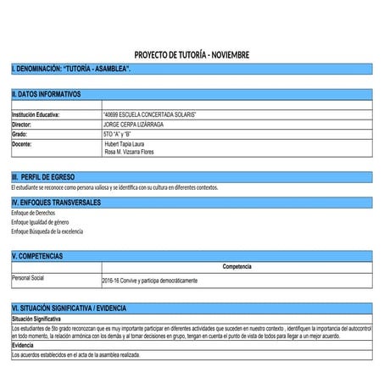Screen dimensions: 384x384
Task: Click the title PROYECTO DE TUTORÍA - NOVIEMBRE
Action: (192, 54)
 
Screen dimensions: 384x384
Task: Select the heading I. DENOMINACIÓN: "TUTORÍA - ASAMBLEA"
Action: (71, 67)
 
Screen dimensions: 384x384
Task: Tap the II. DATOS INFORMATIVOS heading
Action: (47, 93)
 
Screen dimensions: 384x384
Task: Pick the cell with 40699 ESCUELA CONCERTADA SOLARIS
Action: (149, 114)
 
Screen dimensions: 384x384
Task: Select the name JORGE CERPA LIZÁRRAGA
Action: (133, 124)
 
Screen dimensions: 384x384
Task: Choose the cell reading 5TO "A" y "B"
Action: (117, 134)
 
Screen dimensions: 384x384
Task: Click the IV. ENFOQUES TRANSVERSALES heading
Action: (57, 203)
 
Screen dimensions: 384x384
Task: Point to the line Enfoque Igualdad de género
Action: (40, 221)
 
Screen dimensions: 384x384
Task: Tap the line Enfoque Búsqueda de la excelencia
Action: (47, 231)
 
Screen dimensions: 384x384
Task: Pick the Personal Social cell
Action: (27, 278)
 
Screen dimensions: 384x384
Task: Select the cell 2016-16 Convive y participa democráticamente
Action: (149, 280)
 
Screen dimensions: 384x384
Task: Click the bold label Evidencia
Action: (23, 345)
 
